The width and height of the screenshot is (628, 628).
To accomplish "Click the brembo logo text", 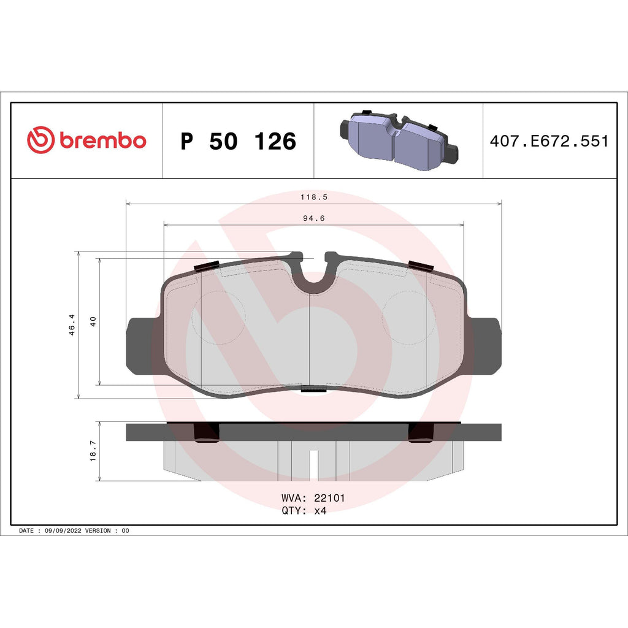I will [102, 140].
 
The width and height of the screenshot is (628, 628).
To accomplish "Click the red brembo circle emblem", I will [41, 140].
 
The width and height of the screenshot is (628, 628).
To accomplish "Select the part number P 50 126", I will [238, 141].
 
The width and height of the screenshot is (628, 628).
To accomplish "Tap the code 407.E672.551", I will [549, 141].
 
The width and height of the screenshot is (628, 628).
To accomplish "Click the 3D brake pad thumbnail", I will [398, 140].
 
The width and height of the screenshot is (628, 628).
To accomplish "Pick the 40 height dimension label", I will [93, 321].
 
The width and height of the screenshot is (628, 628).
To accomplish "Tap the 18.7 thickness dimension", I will [93, 451].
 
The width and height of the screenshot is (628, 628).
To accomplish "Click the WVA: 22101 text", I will [313, 498].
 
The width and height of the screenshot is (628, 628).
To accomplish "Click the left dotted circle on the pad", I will [219, 317].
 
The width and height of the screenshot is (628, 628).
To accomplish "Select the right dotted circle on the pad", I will [408, 317].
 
